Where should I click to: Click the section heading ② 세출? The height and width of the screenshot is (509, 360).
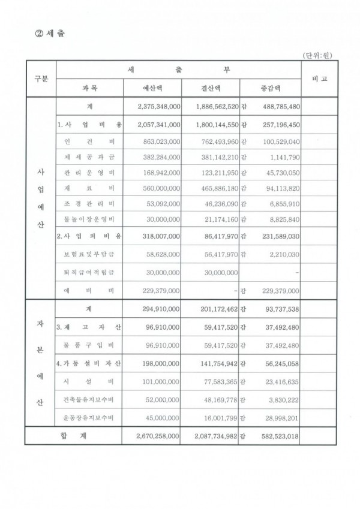click(x=50, y=32)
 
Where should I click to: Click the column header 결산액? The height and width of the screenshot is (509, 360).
click(x=209, y=88)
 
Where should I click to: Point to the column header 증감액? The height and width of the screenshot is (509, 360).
click(x=269, y=88)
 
